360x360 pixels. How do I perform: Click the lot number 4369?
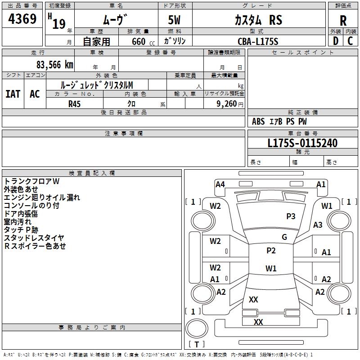point(22,20)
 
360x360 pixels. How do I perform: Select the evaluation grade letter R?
point(343,21)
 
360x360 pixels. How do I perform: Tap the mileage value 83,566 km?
point(52,64)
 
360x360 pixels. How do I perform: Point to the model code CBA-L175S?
point(258,41)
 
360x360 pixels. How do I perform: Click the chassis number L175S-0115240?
point(302,143)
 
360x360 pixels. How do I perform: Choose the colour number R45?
point(75,103)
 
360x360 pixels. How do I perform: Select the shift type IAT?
point(13,94)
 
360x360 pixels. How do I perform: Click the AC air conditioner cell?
point(35,94)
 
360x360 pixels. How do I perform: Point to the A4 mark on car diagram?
point(220,184)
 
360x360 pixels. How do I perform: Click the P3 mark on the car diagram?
point(291,216)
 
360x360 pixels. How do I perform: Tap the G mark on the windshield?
point(284,237)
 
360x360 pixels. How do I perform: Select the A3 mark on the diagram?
point(318,225)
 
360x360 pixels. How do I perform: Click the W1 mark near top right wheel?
point(327,206)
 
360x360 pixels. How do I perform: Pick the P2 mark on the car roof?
point(271,251)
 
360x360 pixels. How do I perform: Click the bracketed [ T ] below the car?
point(197,344)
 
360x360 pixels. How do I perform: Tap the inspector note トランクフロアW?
point(31,181)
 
